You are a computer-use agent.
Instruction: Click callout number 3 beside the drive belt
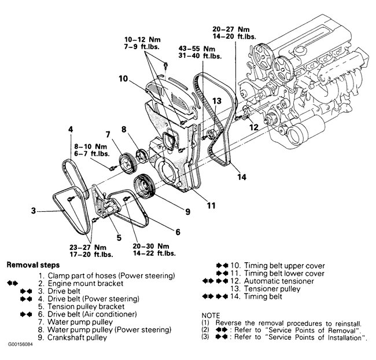33,211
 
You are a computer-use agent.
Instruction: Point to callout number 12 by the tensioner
253,127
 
